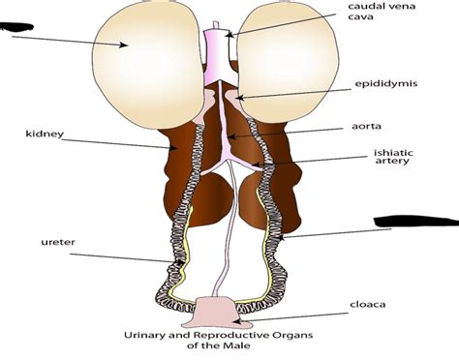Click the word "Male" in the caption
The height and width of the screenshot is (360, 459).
click(x=248, y=348)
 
